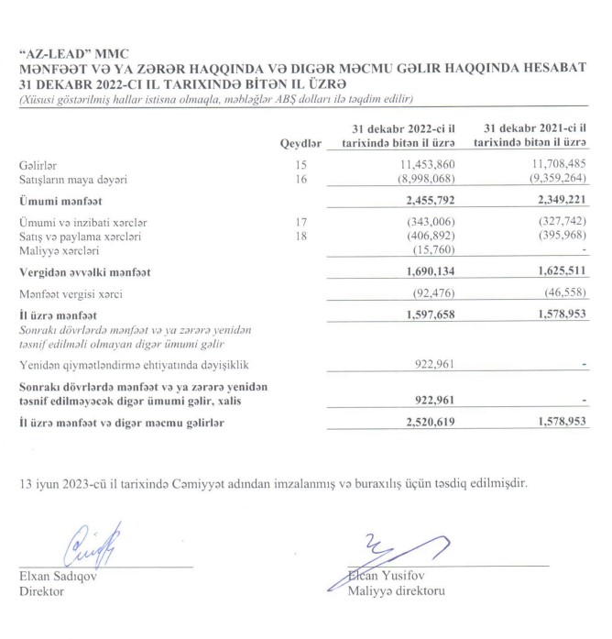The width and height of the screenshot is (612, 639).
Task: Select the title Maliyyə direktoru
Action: point(396,591)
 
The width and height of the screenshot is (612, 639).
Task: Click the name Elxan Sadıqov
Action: point(59,578)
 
